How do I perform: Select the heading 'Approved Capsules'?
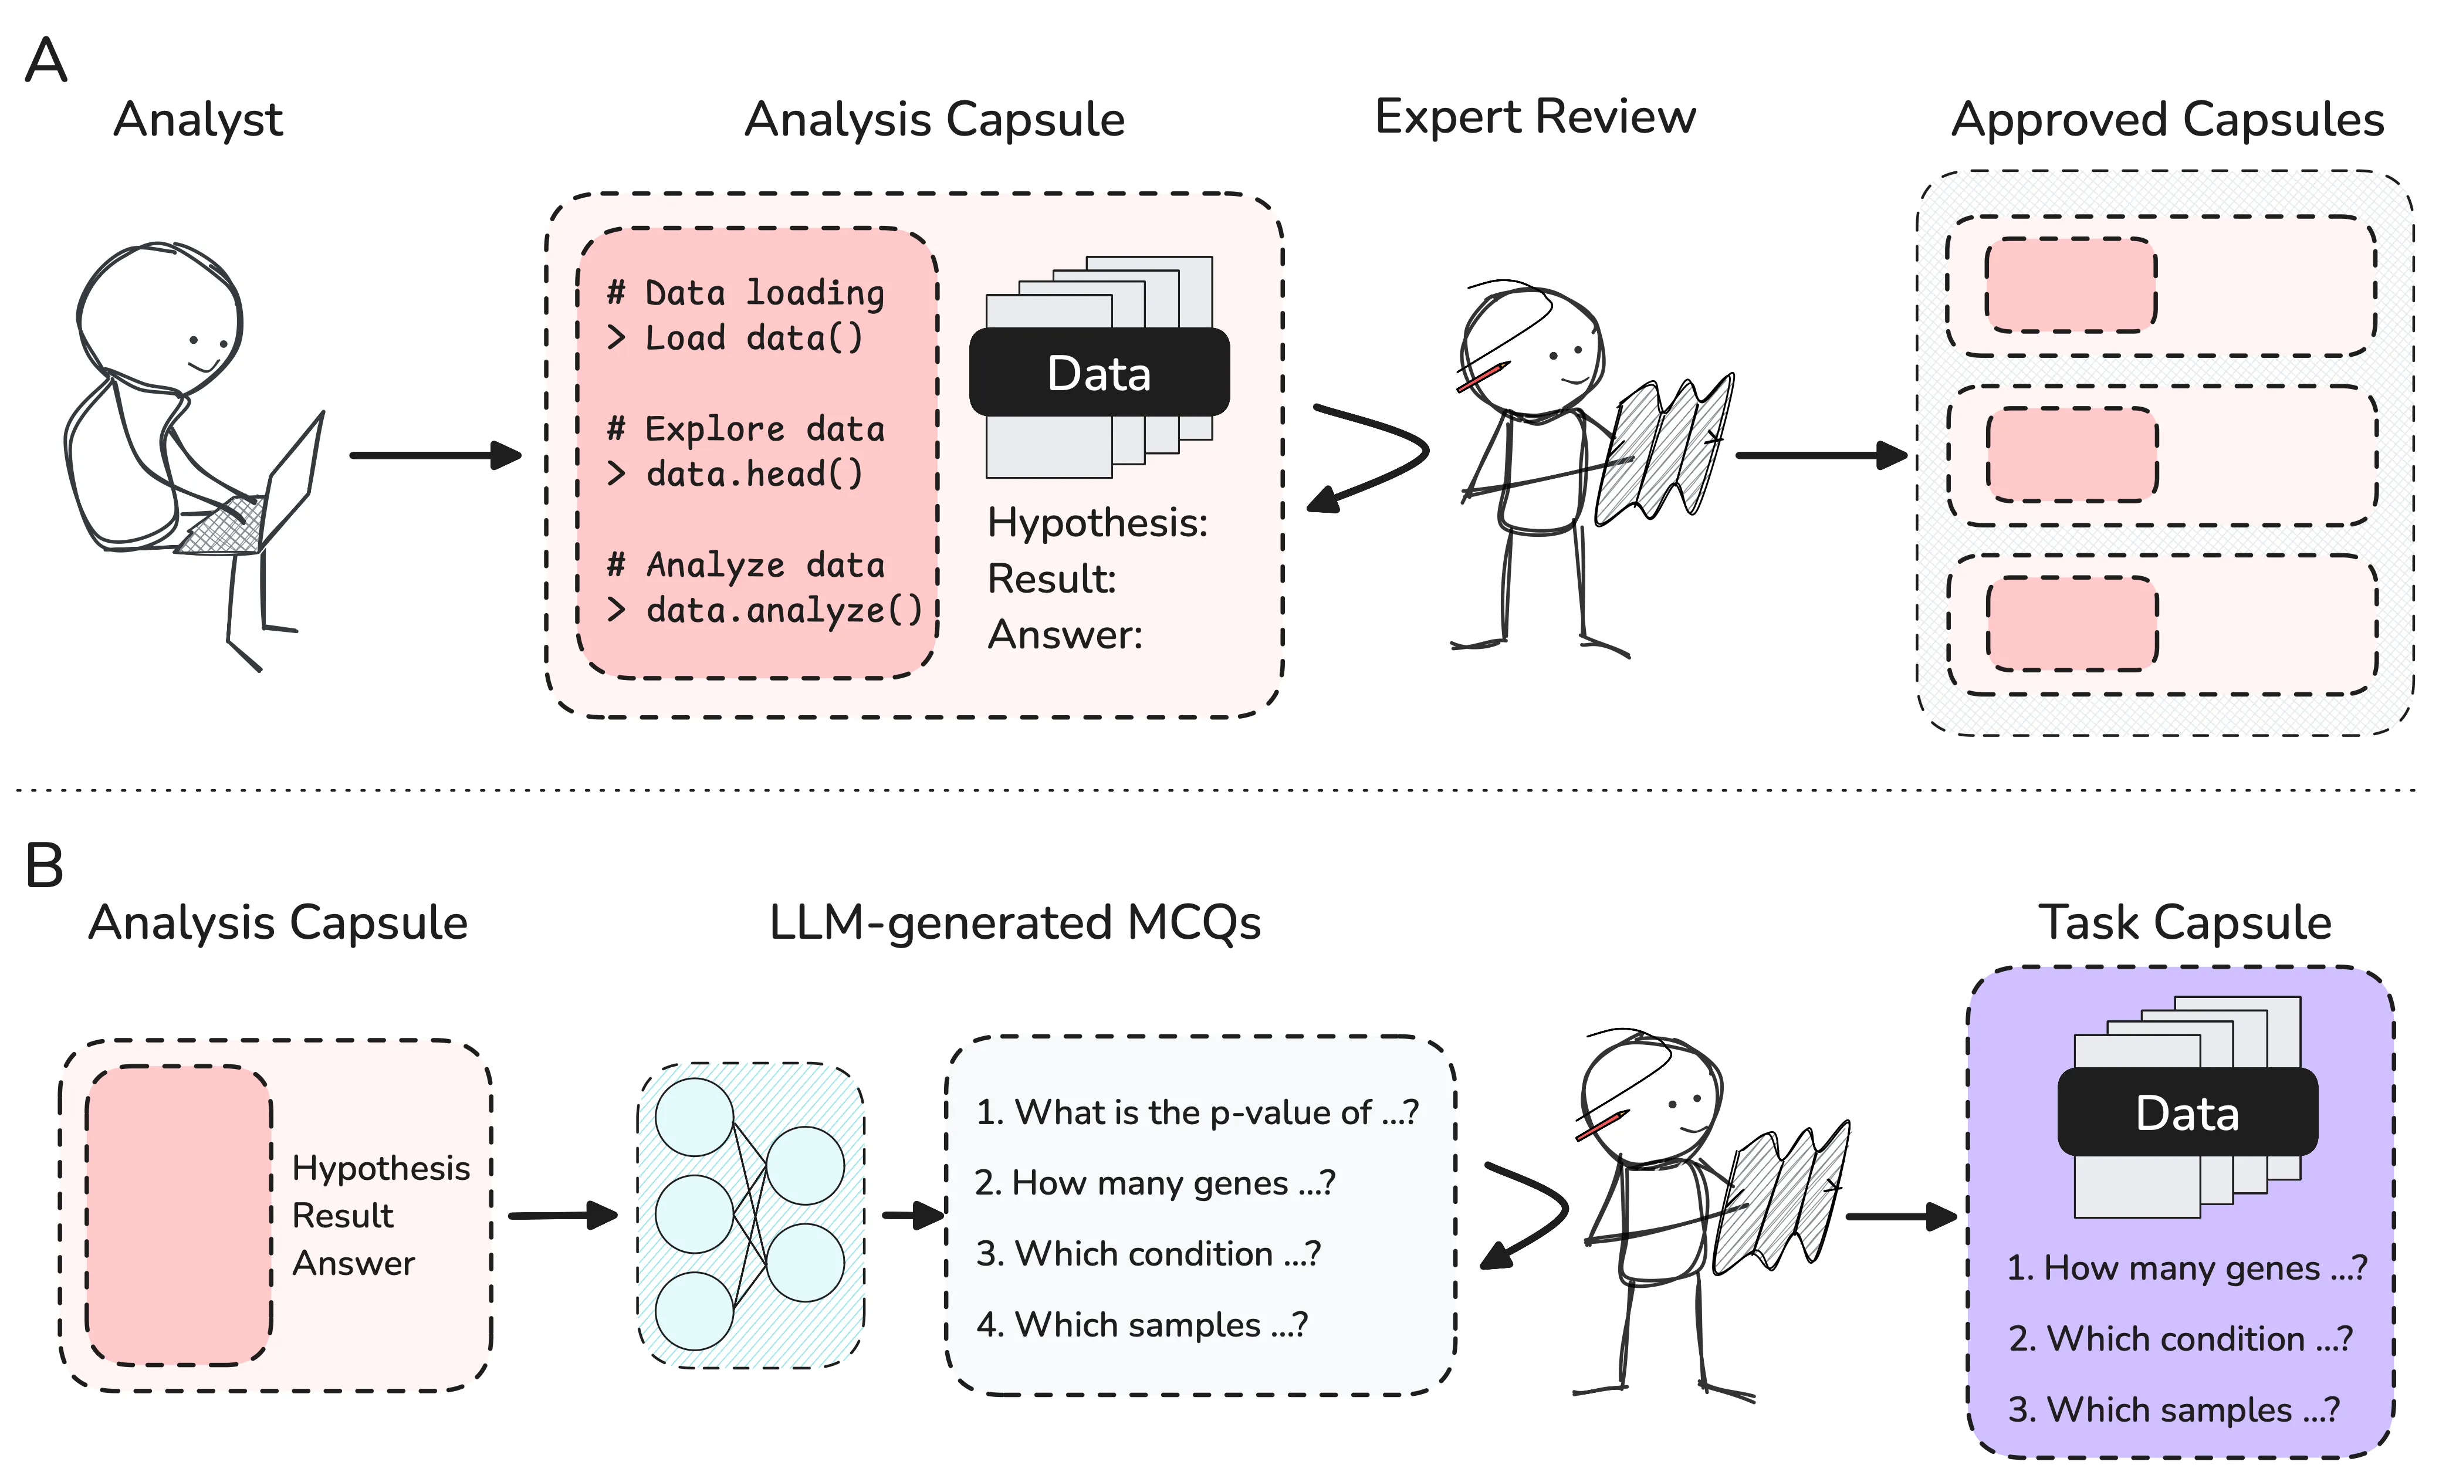pyautogui.click(x=2167, y=120)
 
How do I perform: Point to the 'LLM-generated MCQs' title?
pyautogui.click(x=1014, y=923)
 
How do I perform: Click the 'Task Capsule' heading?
pyautogui.click(x=2184, y=923)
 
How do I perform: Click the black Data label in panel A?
pyautogui.click(x=1099, y=373)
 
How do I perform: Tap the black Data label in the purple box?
pyautogui.click(x=2187, y=1112)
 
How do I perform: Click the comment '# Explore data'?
pyautogui.click(x=745, y=429)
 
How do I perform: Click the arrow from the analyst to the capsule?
pyautogui.click(x=435, y=455)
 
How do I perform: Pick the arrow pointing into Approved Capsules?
pyautogui.click(x=1821, y=455)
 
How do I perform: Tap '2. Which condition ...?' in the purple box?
pyautogui.click(x=2180, y=1338)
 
